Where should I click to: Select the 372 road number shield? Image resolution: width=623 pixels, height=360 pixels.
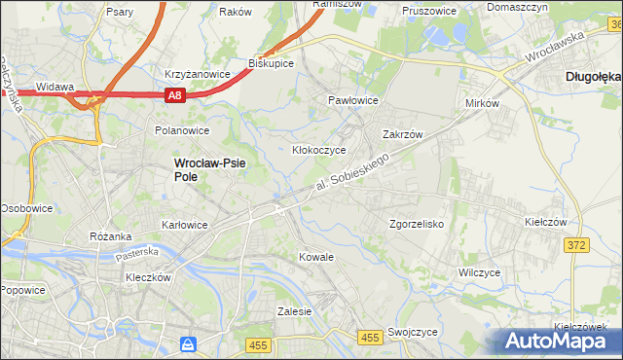[576, 245]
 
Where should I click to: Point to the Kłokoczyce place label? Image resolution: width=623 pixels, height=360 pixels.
[319, 150]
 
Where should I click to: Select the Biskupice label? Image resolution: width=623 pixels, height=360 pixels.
[272, 63]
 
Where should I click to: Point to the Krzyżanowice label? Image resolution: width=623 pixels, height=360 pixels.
[197, 74]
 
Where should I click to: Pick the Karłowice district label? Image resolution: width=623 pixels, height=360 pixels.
[184, 225]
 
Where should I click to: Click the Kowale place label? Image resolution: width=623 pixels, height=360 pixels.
[317, 257]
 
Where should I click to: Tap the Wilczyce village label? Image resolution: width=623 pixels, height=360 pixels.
[479, 272]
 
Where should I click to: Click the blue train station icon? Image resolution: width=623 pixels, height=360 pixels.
[189, 344]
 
